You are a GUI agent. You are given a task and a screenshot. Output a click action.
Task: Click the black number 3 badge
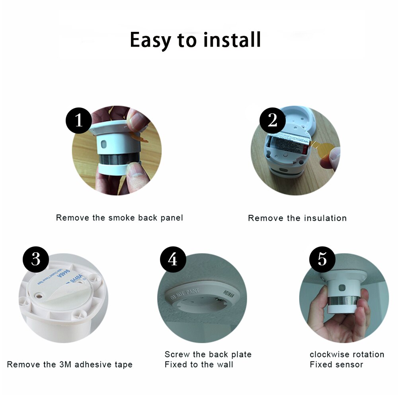36,259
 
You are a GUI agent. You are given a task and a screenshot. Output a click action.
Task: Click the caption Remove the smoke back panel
119,218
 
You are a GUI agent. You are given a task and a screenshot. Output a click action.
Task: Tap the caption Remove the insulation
297,218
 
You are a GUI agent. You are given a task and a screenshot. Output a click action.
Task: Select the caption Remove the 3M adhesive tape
70,364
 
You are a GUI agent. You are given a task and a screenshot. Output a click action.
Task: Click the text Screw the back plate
208,354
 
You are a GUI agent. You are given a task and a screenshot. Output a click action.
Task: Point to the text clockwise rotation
347,354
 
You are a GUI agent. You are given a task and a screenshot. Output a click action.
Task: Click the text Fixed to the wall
199,364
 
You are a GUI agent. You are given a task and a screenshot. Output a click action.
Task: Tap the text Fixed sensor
336,364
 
